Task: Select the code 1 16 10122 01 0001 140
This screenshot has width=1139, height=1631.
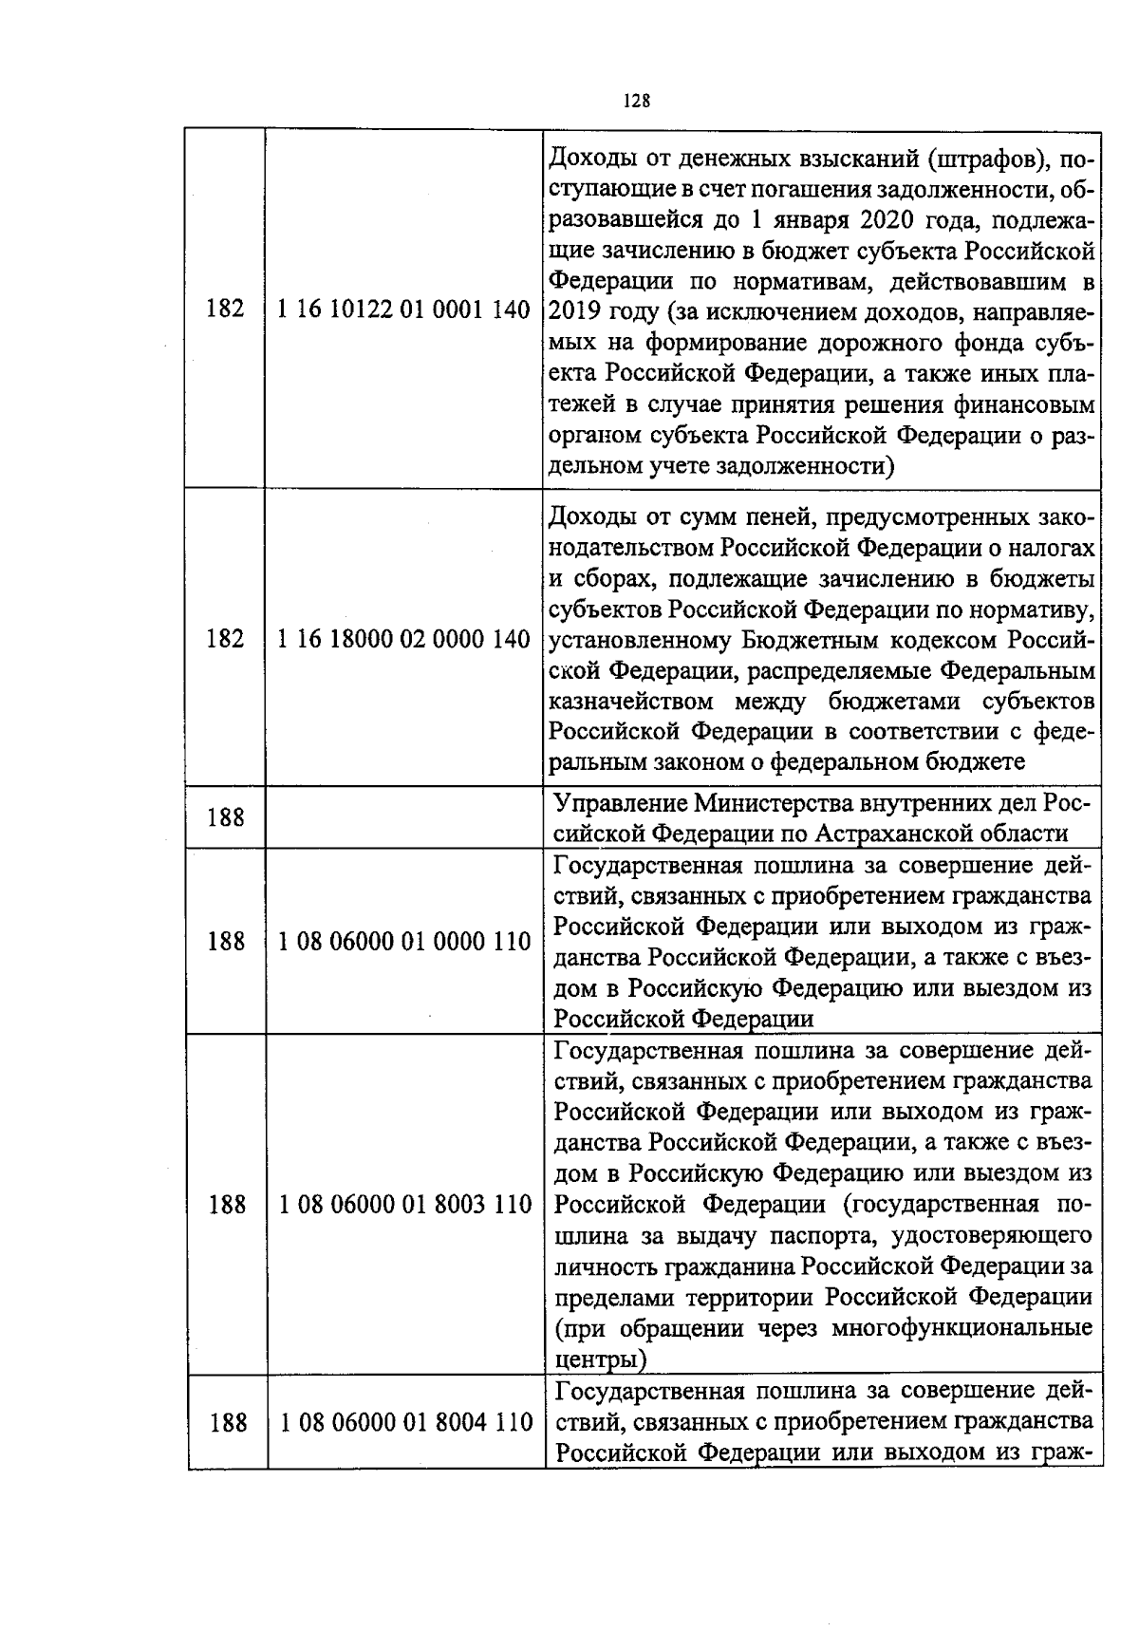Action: pyautogui.click(x=403, y=309)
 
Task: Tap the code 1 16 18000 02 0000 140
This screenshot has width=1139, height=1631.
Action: pyautogui.click(x=403, y=639)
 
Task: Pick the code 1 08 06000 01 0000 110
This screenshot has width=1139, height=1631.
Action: pyautogui.click(x=404, y=942)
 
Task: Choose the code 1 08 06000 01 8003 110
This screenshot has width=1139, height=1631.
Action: pyautogui.click(x=405, y=1205)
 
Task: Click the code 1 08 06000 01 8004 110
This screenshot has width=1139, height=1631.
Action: pyautogui.click(x=405, y=1423)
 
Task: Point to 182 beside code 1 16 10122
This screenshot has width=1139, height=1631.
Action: pyautogui.click(x=225, y=309)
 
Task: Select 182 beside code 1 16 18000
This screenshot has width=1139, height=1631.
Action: pyautogui.click(x=225, y=639)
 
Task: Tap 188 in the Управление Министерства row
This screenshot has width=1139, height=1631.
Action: pyautogui.click(x=225, y=817)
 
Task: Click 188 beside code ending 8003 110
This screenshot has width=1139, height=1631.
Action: pyautogui.click(x=226, y=1205)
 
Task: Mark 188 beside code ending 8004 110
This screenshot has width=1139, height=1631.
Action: pyautogui.click(x=226, y=1423)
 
